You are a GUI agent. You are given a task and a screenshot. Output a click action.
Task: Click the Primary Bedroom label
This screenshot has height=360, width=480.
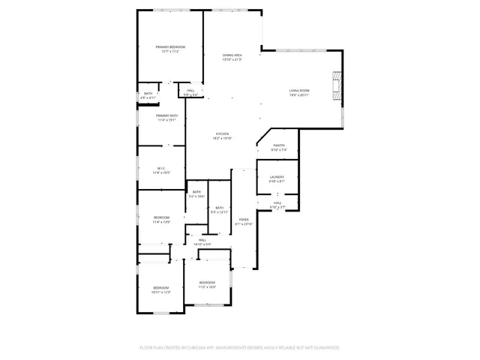coord(170,49)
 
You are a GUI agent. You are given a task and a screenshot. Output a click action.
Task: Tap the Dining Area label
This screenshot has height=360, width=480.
coord(232,57)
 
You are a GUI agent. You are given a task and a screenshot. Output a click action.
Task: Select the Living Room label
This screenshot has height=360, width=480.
coord(299,92)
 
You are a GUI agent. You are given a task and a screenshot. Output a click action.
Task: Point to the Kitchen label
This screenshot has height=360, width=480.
coord(222,136)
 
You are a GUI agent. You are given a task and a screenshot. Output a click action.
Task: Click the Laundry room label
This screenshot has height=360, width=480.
coord(277,179)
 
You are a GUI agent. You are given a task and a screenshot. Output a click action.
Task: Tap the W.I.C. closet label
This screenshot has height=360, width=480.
coord(161,169)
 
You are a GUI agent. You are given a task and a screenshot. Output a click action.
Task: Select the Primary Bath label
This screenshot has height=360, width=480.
coord(166,117)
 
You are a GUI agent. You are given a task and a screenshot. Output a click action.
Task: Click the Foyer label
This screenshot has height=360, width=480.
coord(244,222)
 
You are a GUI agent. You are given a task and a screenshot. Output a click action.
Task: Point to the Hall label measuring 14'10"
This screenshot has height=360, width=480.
coord(202,241)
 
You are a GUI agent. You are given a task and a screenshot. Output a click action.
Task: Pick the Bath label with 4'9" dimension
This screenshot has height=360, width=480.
coord(148,95)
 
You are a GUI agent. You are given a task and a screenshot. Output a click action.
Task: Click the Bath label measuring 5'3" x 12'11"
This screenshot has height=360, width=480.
coord(219,210)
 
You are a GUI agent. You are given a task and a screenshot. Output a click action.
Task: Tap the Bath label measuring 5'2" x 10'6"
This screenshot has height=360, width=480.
coord(196,194)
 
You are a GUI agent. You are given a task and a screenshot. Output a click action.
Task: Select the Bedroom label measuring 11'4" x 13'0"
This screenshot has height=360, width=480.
coord(162,220)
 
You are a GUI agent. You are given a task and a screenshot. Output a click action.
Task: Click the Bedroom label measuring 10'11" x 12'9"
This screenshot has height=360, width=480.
coord(161,289)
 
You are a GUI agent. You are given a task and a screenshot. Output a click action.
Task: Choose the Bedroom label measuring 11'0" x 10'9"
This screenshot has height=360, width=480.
coord(207,284)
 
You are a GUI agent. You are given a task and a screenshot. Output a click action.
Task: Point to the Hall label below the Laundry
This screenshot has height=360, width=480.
coord(277,205)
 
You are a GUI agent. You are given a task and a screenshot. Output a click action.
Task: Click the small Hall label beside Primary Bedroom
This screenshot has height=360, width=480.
coord(190,92)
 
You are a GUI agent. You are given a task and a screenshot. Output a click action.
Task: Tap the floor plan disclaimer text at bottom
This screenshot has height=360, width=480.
coord(239,348)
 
